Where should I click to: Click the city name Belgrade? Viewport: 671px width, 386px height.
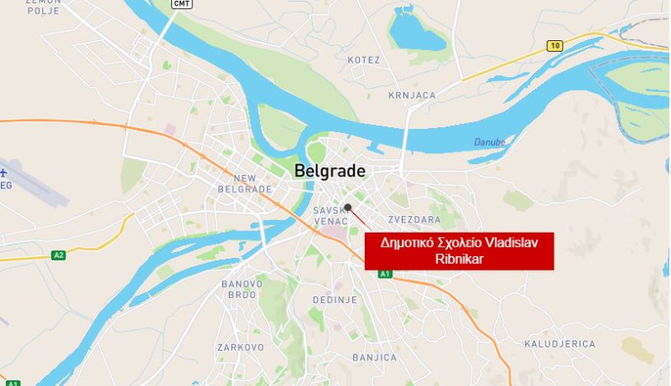[330, 172]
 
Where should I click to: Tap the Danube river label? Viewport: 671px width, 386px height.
[489, 142]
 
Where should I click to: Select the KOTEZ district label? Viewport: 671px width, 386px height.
[363, 60]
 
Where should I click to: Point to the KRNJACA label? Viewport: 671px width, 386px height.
[413, 95]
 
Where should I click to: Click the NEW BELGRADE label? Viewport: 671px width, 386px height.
[244, 183]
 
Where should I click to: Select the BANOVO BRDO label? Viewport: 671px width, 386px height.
[242, 289]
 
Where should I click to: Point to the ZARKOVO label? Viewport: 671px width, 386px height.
[241, 347]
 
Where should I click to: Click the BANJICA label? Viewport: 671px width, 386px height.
[374, 358]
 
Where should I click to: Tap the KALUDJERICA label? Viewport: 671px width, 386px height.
[559, 344]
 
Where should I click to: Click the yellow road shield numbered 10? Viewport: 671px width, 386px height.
[554, 45]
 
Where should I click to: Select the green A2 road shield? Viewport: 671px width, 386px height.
[58, 255]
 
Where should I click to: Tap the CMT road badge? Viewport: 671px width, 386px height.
[180, 4]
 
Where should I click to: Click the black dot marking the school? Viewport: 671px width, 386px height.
[348, 207]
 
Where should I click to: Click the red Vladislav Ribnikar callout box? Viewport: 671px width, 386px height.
[460, 250]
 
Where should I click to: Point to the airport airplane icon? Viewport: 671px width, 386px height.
[5, 173]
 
